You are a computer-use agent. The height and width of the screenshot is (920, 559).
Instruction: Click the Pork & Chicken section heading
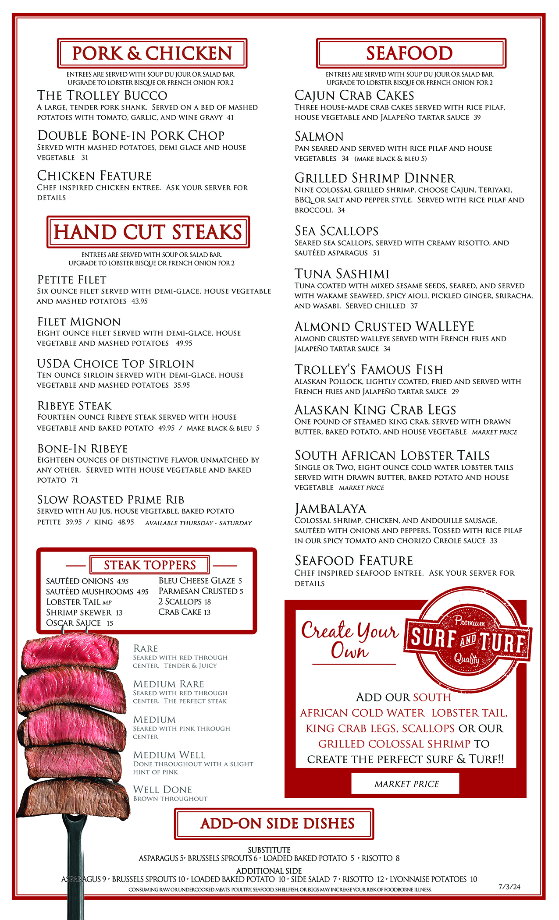(x=152, y=53)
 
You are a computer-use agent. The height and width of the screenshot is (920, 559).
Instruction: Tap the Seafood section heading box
(x=411, y=53)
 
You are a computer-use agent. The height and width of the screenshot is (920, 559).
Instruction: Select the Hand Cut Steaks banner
(x=148, y=232)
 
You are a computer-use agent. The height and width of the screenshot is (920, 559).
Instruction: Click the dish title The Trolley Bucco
(x=102, y=96)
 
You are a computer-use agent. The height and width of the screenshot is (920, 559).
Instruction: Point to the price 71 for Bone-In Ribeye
(x=75, y=480)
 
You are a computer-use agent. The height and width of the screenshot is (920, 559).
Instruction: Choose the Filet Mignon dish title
(x=79, y=322)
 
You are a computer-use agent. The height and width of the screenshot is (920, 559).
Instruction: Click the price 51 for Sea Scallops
(x=376, y=253)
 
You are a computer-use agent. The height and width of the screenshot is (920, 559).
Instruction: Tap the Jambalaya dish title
(x=330, y=509)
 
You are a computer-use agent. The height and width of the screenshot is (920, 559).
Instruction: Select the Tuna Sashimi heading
(x=342, y=274)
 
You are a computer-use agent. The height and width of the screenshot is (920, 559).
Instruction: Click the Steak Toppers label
(x=150, y=565)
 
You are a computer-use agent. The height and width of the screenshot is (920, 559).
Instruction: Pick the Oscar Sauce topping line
(x=79, y=623)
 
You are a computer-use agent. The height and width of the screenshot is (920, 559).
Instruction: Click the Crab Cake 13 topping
(x=184, y=612)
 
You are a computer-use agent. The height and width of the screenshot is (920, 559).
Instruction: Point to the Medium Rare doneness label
(x=169, y=684)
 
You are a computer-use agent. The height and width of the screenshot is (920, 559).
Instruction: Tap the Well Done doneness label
(x=163, y=790)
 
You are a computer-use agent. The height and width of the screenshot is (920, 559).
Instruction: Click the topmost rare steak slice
(x=70, y=653)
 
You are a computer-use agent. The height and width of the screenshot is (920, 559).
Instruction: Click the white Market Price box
(x=406, y=784)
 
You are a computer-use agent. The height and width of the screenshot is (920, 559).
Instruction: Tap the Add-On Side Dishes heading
(x=277, y=824)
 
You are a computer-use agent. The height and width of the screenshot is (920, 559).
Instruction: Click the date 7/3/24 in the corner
(x=509, y=887)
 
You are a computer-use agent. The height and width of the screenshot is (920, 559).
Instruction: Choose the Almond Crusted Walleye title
(x=384, y=327)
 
